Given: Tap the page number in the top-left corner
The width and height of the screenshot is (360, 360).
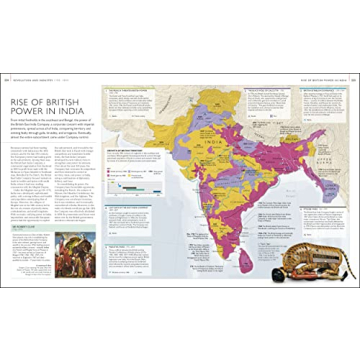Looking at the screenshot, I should (5, 74).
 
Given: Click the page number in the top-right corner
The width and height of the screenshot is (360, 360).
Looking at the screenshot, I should (354, 74).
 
